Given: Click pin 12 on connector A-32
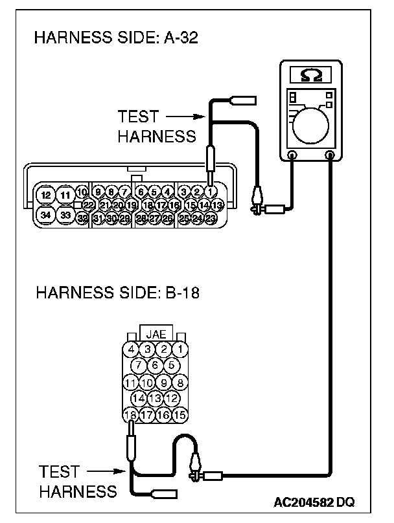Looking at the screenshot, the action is click(45, 195).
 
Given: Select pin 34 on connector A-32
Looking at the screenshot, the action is click(45, 214).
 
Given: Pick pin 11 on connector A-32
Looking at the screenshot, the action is click(65, 195).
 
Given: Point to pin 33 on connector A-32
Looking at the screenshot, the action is click(65, 214).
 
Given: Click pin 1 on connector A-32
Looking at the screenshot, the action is click(211, 192).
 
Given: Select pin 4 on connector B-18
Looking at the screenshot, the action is click(132, 350).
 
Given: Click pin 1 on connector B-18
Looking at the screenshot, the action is click(180, 350).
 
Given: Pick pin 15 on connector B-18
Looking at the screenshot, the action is click(180, 414).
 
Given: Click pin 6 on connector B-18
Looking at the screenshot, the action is click(156, 366).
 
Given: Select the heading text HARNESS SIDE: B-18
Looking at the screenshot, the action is click(117, 293).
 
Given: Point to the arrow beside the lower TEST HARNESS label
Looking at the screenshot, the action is click(105, 471).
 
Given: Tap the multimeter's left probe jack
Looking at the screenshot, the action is click(292, 155).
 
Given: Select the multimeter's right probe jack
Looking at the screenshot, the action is click(330, 155).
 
